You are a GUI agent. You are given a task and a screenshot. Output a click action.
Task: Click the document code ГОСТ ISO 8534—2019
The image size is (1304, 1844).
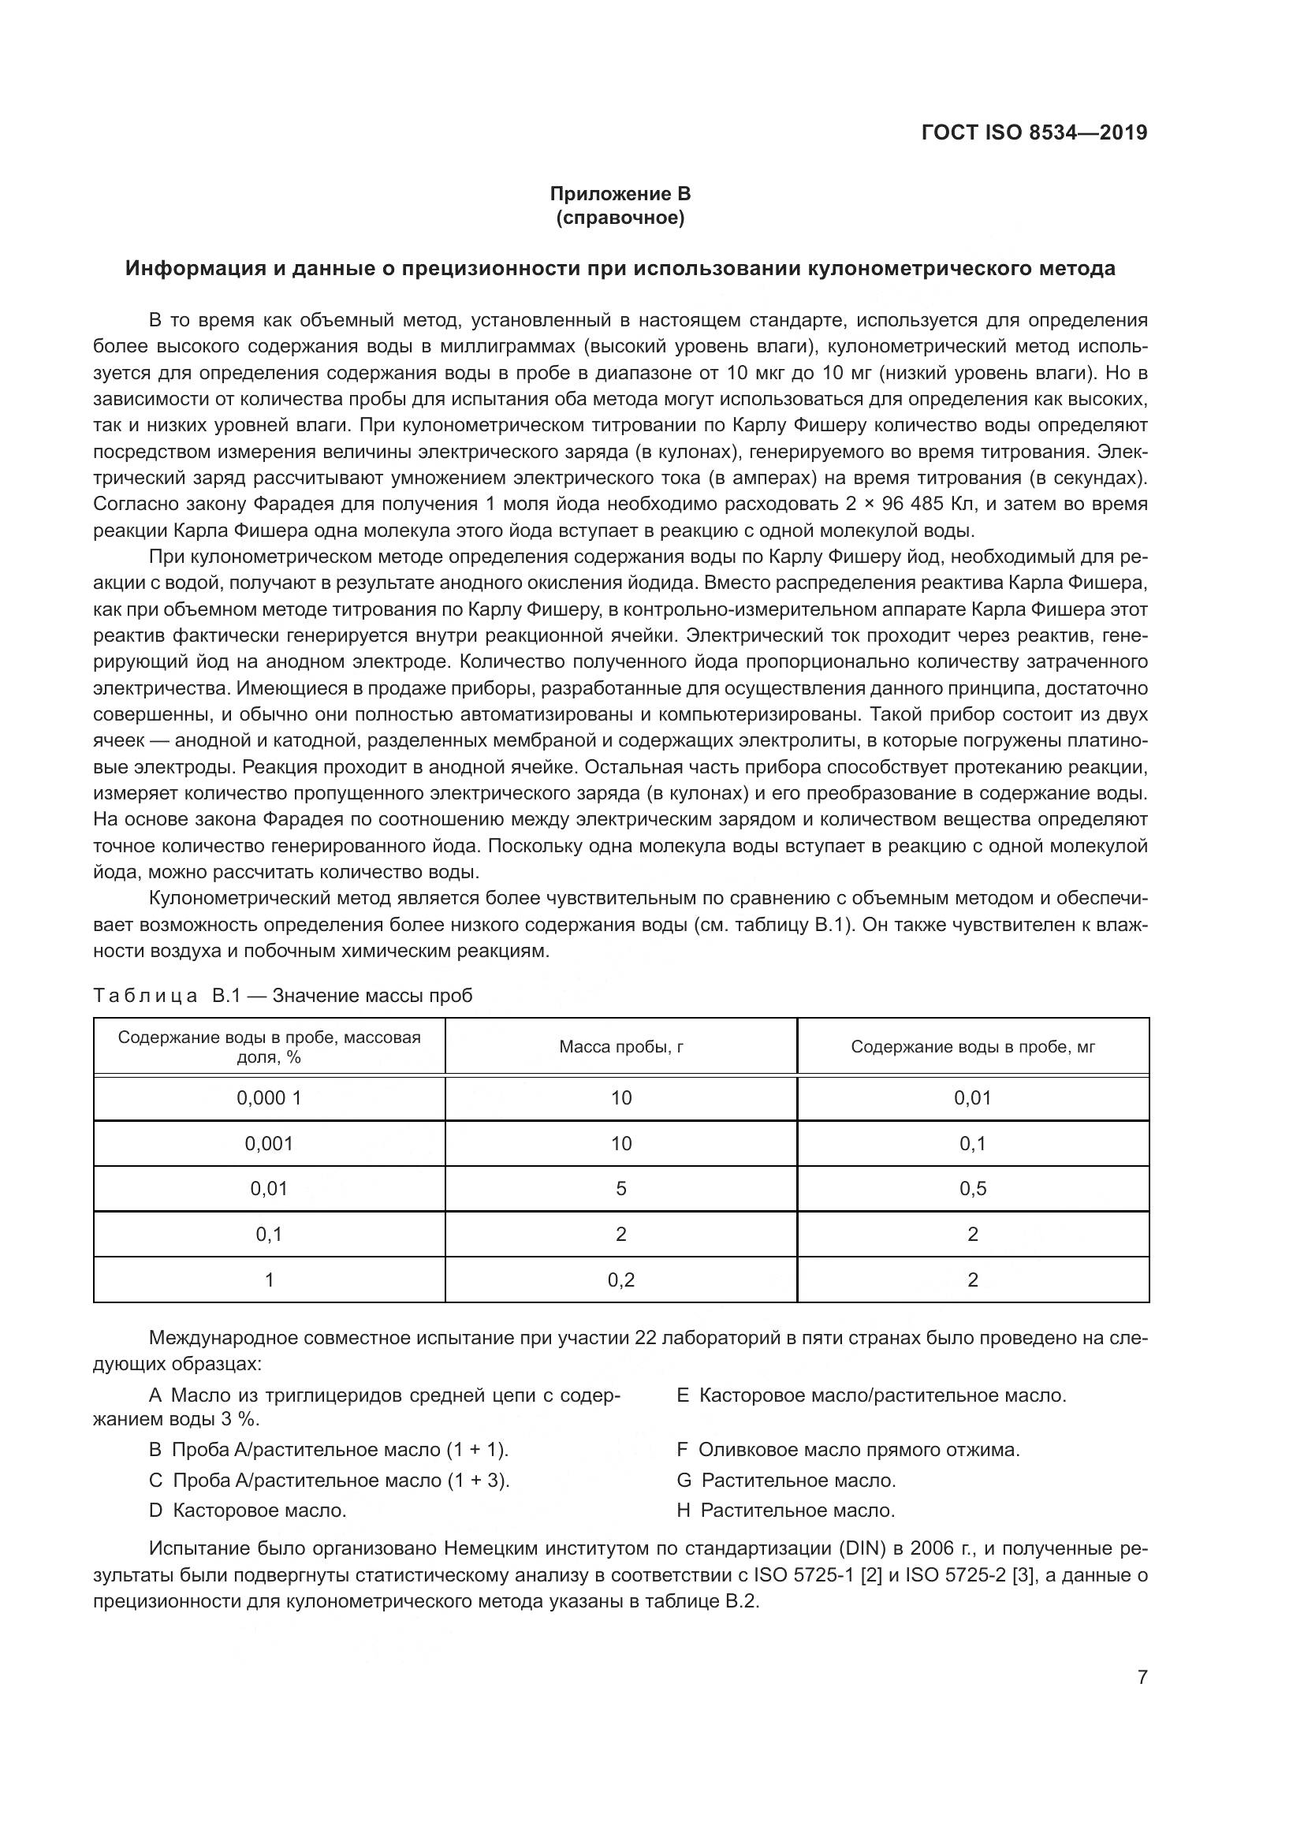pyautogui.click(x=1034, y=132)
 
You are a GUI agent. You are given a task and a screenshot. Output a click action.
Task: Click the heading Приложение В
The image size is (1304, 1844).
pyautogui.click(x=620, y=194)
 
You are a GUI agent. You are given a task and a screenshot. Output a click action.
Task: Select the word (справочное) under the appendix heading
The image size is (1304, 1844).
pyautogui.click(x=620, y=218)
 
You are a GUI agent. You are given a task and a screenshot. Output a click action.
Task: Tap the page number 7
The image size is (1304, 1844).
pyautogui.click(x=1142, y=1676)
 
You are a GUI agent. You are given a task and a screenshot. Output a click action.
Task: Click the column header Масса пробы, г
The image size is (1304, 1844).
pyautogui.click(x=620, y=1046)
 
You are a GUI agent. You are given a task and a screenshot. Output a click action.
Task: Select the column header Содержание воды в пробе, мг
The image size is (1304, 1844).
pyautogui.click(x=972, y=1046)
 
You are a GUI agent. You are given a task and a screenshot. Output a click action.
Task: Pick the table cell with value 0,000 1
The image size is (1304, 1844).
pyautogui.click(x=269, y=1098)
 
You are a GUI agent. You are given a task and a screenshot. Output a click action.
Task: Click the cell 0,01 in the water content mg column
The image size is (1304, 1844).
pyautogui.click(x=972, y=1098)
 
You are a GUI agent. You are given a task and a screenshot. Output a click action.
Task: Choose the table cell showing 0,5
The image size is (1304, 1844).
pyautogui.click(x=972, y=1189)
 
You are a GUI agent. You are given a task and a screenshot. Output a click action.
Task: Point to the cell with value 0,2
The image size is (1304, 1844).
pyautogui.click(x=620, y=1280)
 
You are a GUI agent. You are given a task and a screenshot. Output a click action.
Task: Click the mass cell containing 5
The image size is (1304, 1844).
pyautogui.click(x=620, y=1189)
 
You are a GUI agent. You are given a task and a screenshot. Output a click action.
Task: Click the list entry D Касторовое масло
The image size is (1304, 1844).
pyautogui.click(x=248, y=1510)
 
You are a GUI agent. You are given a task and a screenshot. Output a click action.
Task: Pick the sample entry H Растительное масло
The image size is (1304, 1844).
pyautogui.click(x=785, y=1510)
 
